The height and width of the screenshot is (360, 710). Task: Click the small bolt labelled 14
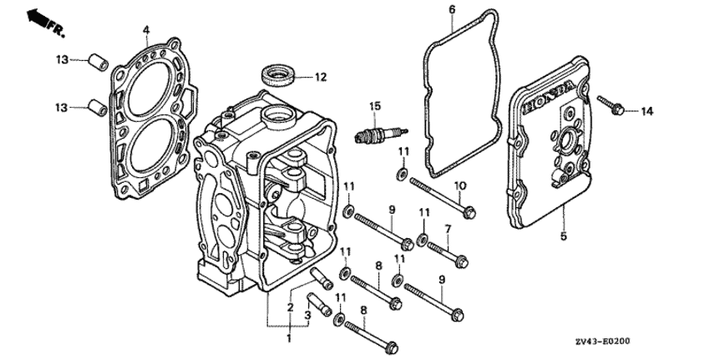tap(611, 105)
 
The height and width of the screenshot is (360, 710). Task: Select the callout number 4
tap(146, 30)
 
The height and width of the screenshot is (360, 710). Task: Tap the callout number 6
tap(453, 9)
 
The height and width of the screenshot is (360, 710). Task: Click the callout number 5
tap(563, 236)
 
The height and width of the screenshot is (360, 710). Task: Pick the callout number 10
tap(459, 185)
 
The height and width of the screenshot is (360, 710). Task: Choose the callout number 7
tap(448, 229)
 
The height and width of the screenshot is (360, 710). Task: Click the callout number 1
tap(289, 338)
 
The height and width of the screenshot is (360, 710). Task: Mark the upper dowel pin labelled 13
tap(98, 62)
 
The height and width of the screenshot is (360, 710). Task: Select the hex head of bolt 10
tap(469, 212)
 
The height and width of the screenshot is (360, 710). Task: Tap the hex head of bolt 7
tap(462, 261)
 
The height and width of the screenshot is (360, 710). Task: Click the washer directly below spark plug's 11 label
tap(402, 174)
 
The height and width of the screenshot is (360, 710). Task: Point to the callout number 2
tap(290, 308)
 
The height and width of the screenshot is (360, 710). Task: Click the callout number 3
tap(307, 315)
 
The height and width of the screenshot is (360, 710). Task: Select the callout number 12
tap(321, 77)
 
